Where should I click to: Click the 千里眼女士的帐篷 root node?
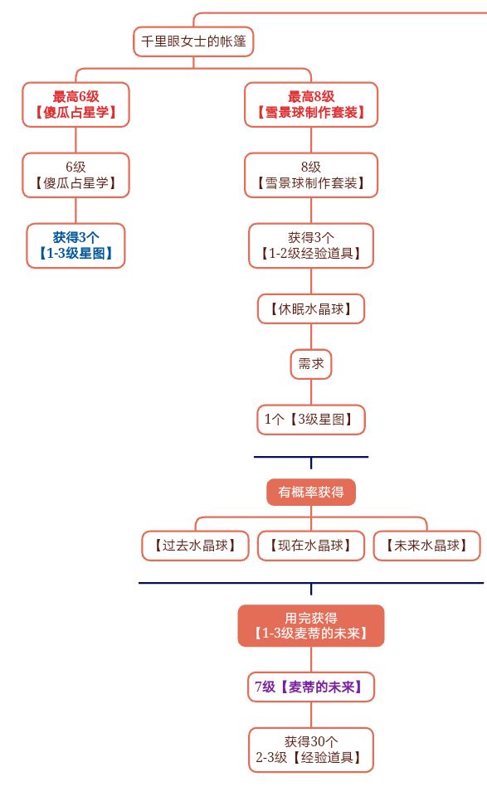coord(193,41)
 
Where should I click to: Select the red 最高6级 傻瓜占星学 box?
coord(75,104)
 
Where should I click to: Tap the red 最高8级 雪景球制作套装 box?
coord(311,104)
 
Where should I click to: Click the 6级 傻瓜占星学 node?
coord(75,174)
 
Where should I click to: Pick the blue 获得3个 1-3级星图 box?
coord(75,245)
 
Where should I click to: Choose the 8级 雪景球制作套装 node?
coord(311,174)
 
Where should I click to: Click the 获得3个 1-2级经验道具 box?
coord(311,245)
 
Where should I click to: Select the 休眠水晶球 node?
coord(311,309)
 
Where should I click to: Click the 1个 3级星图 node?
coord(311,420)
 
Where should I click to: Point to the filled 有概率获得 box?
coord(311,492)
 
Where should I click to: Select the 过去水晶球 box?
coord(195,546)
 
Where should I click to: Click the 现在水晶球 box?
coord(311,546)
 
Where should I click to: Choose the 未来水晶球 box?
coord(426,546)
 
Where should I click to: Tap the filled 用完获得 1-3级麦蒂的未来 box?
coord(311,626)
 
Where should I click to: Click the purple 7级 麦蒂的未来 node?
coord(311,687)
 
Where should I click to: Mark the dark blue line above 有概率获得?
coord(282,457)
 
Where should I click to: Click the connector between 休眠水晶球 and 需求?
coord(311,337)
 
